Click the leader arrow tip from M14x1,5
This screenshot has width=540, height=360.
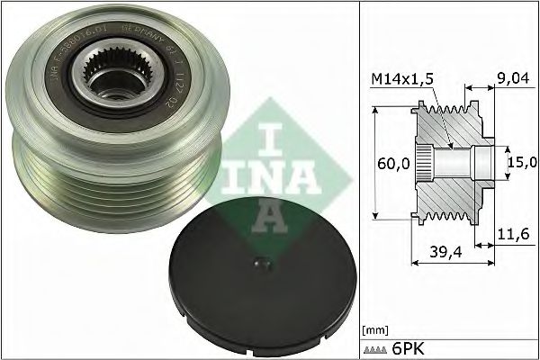tap(451, 144)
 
